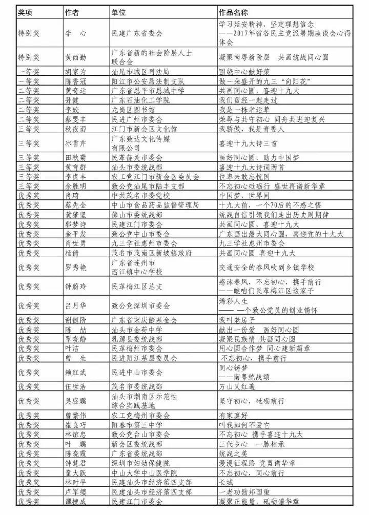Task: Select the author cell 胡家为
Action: tap(75, 71)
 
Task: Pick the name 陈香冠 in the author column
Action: tap(75, 81)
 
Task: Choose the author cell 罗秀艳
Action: tap(75, 267)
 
